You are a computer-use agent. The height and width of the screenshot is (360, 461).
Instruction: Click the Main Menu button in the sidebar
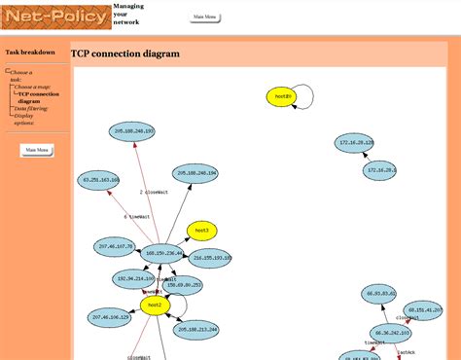point(37,150)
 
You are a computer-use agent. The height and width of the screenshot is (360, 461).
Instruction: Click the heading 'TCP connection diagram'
point(125,54)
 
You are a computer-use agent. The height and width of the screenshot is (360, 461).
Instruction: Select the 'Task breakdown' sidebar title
point(30,53)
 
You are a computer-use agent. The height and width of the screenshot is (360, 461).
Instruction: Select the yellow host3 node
point(201,231)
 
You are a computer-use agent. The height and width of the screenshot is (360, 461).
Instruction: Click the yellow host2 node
point(153,306)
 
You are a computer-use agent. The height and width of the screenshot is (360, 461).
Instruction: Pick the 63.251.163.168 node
point(100,180)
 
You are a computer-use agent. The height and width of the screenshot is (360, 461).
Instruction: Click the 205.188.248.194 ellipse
point(195,172)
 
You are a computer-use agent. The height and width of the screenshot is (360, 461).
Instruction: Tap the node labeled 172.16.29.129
point(356,143)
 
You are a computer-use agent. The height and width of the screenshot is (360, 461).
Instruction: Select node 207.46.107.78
point(117,247)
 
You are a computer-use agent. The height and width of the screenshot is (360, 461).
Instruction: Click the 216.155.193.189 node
point(209,258)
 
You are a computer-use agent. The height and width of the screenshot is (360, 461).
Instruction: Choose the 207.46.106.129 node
point(111,317)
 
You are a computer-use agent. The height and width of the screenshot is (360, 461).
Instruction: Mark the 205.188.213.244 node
point(196,330)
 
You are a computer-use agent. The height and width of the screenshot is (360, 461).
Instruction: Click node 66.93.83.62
point(379,293)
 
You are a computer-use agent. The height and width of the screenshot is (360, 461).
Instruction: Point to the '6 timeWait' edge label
point(136,217)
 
